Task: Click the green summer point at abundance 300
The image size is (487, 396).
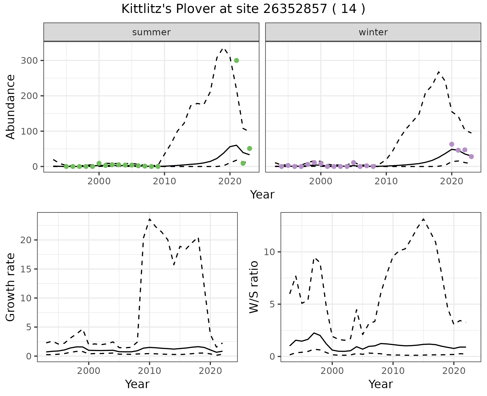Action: pyautogui.click(x=236, y=60)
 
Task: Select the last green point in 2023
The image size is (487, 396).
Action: pyautogui.click(x=250, y=148)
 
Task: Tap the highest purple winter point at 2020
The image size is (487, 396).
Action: pyautogui.click(x=452, y=144)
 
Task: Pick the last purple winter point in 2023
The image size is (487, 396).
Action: pyautogui.click(x=471, y=157)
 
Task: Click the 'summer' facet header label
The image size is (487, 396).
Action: pyautogui.click(x=151, y=32)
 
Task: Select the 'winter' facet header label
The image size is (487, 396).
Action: pyautogui.click(x=373, y=32)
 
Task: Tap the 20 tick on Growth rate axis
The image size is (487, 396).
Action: pyautogui.click(x=28, y=240)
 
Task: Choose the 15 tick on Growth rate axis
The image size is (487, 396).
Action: pyautogui.click(x=28, y=269)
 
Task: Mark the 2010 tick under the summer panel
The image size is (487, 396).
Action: pyautogui.click(x=164, y=181)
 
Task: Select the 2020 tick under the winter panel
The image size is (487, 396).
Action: pyautogui.click(x=452, y=181)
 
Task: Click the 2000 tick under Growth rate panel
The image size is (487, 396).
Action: pyautogui.click(x=89, y=371)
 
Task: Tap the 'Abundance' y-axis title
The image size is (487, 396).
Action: pyautogui.click(x=11, y=107)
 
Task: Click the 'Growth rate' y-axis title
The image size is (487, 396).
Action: pyautogui.click(x=11, y=287)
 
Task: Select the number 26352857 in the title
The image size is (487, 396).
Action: pyautogui.click(x=295, y=9)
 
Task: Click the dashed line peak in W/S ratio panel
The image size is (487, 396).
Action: pyautogui.click(x=423, y=219)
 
